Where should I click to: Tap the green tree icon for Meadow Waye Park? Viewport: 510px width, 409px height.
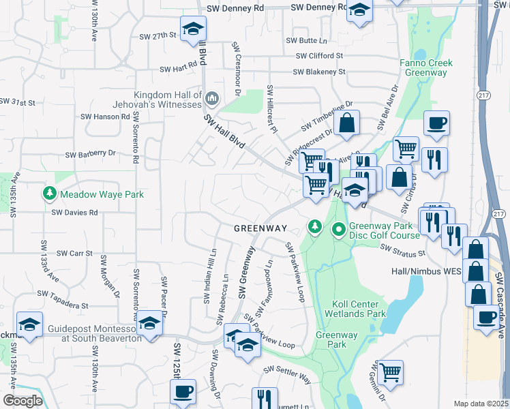pos(49,194)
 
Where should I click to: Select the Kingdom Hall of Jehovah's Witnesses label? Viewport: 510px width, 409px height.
pos(168,100)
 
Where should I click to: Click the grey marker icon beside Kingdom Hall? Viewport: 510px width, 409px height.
pos(211,100)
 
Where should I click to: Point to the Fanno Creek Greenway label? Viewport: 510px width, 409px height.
pos(426,67)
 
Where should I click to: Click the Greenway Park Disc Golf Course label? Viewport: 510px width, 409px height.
pos(385,230)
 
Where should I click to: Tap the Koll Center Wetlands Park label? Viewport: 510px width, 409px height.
pos(359,308)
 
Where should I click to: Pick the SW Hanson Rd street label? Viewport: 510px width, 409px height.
pos(107,117)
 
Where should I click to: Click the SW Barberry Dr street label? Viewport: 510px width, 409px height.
pos(91,154)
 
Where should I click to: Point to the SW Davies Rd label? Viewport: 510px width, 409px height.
pos(75,212)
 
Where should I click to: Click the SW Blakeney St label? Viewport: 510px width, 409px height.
pos(319,72)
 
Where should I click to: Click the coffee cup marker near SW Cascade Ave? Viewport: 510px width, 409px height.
pos(486,318)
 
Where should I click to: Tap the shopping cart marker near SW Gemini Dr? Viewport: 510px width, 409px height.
pos(390,372)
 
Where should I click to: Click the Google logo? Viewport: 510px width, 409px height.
pos(22,401)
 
